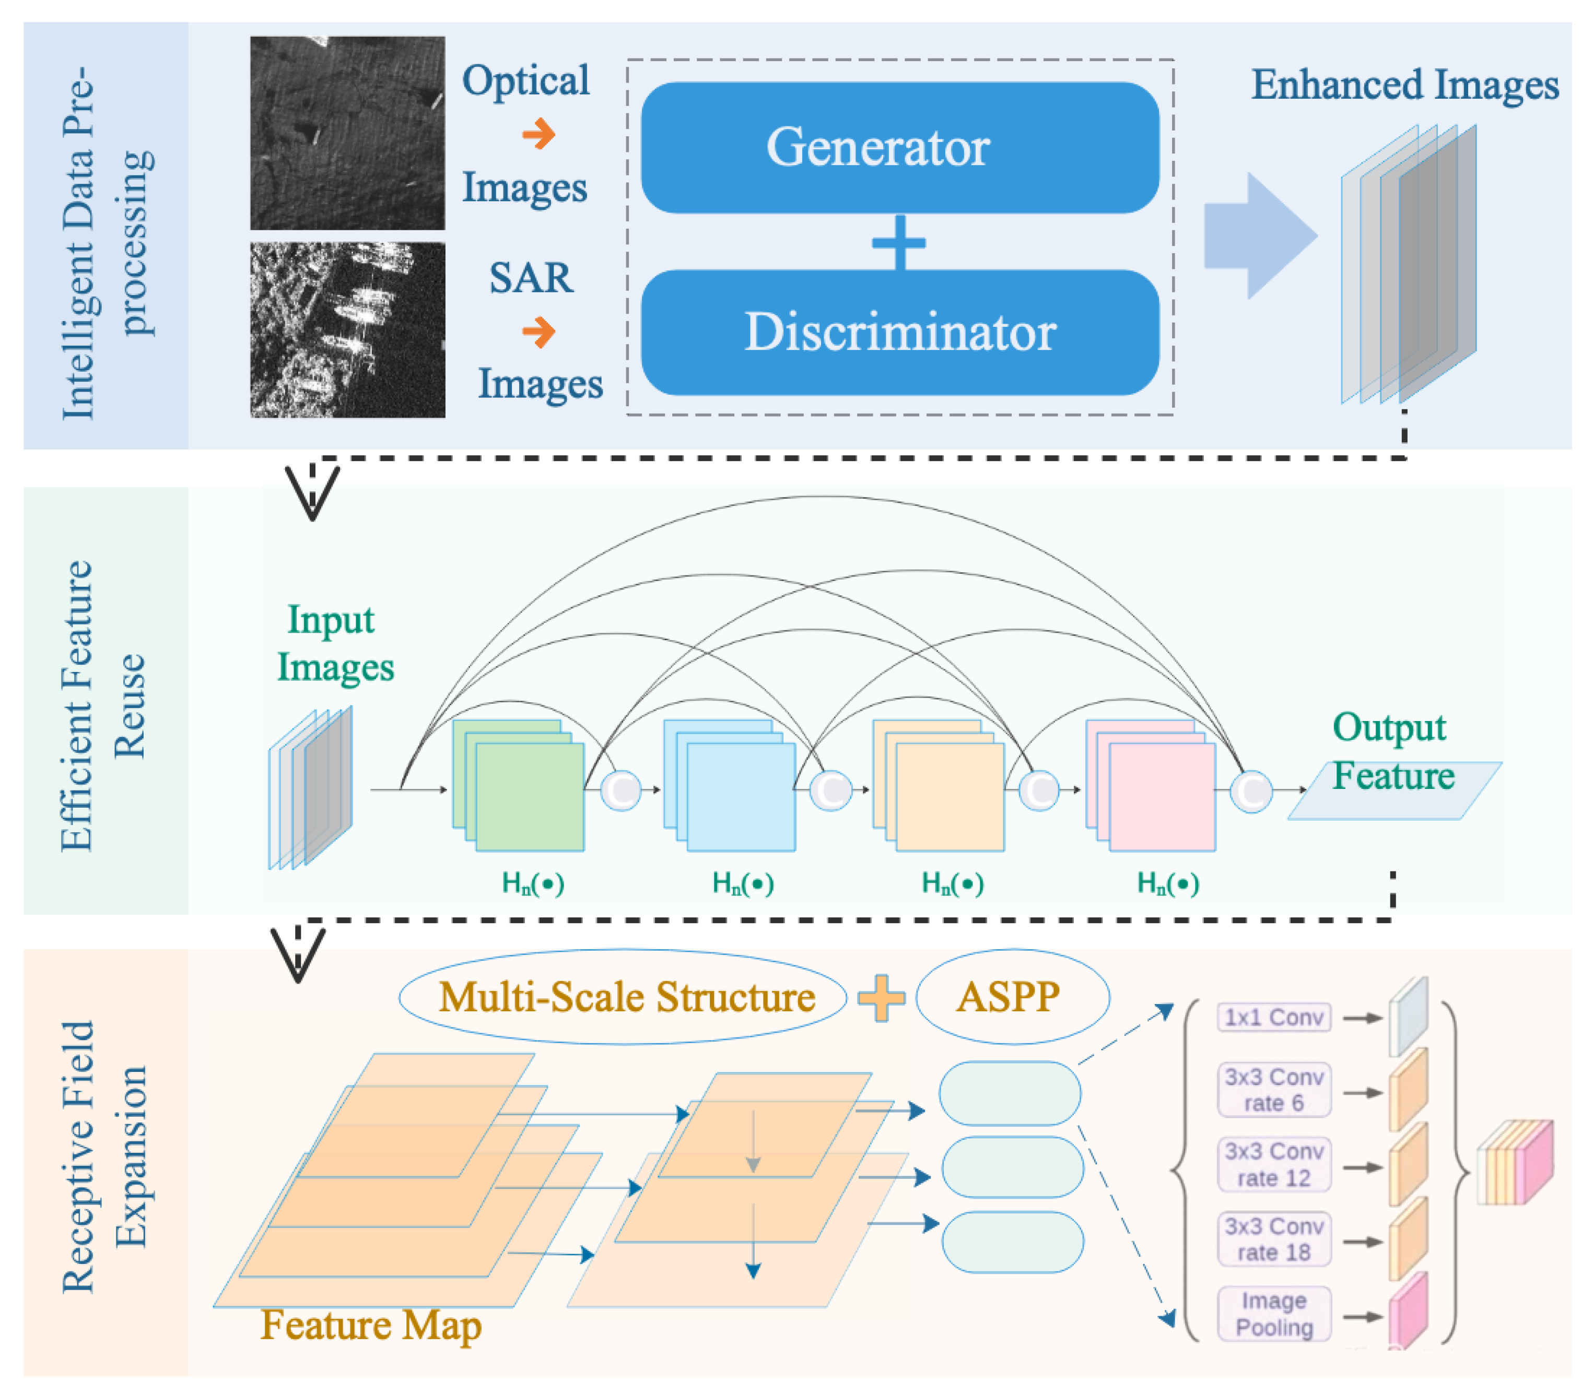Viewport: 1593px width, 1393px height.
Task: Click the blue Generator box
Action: click(899, 148)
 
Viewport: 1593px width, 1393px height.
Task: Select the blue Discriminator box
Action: click(899, 332)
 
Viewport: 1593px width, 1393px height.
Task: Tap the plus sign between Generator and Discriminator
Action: click(899, 242)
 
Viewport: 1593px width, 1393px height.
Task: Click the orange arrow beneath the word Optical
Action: click(538, 134)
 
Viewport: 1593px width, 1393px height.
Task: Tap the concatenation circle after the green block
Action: click(620, 790)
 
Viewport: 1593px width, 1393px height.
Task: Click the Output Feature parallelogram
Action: click(1394, 790)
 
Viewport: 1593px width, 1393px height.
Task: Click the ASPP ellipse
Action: click(1012, 997)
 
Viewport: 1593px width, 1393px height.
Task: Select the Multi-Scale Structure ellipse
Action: click(624, 997)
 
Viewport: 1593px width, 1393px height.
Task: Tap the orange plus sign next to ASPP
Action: click(881, 997)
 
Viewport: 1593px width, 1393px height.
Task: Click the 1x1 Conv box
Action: click(1273, 1018)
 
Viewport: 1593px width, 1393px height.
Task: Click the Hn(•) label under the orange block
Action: click(952, 884)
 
